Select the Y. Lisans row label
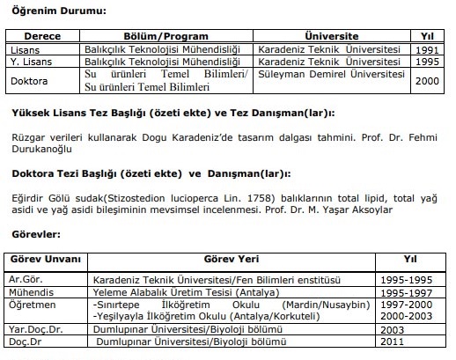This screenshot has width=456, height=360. coord(27,62)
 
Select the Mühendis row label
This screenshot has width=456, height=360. coord(29,290)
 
